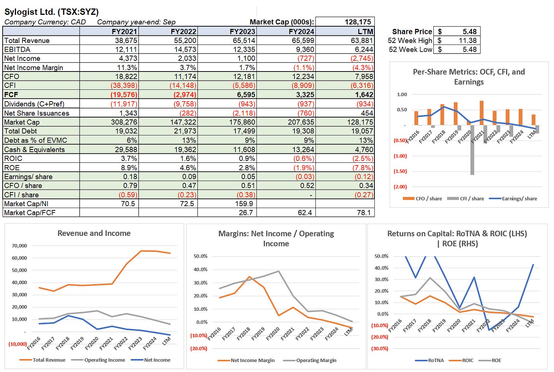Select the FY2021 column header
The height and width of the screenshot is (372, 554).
click(124, 31)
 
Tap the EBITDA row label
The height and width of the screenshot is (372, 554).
click(17, 49)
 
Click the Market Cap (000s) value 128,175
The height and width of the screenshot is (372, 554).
click(358, 22)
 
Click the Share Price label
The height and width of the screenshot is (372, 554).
click(412, 32)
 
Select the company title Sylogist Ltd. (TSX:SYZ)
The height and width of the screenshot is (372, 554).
click(51, 12)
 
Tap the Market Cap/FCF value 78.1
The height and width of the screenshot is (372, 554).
click(364, 213)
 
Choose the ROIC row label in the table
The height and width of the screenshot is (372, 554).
click(13, 159)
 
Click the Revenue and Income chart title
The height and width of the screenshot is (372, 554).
click(94, 233)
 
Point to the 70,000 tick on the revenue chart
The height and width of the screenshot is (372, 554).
click(19, 246)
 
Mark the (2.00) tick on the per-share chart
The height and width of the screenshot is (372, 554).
click(400, 187)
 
